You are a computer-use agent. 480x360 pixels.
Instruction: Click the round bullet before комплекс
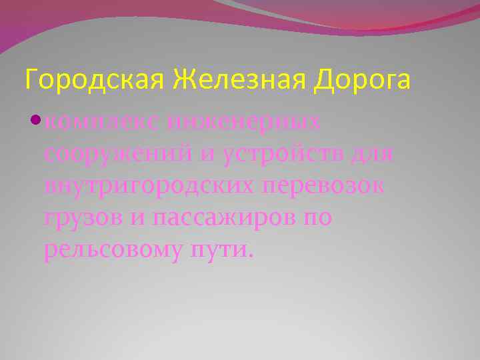pyautogui.click(x=35, y=121)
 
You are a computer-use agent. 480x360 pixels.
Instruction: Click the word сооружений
pyautogui.click(x=116, y=155)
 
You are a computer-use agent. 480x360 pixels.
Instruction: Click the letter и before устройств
pyautogui.click(x=206, y=155)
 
